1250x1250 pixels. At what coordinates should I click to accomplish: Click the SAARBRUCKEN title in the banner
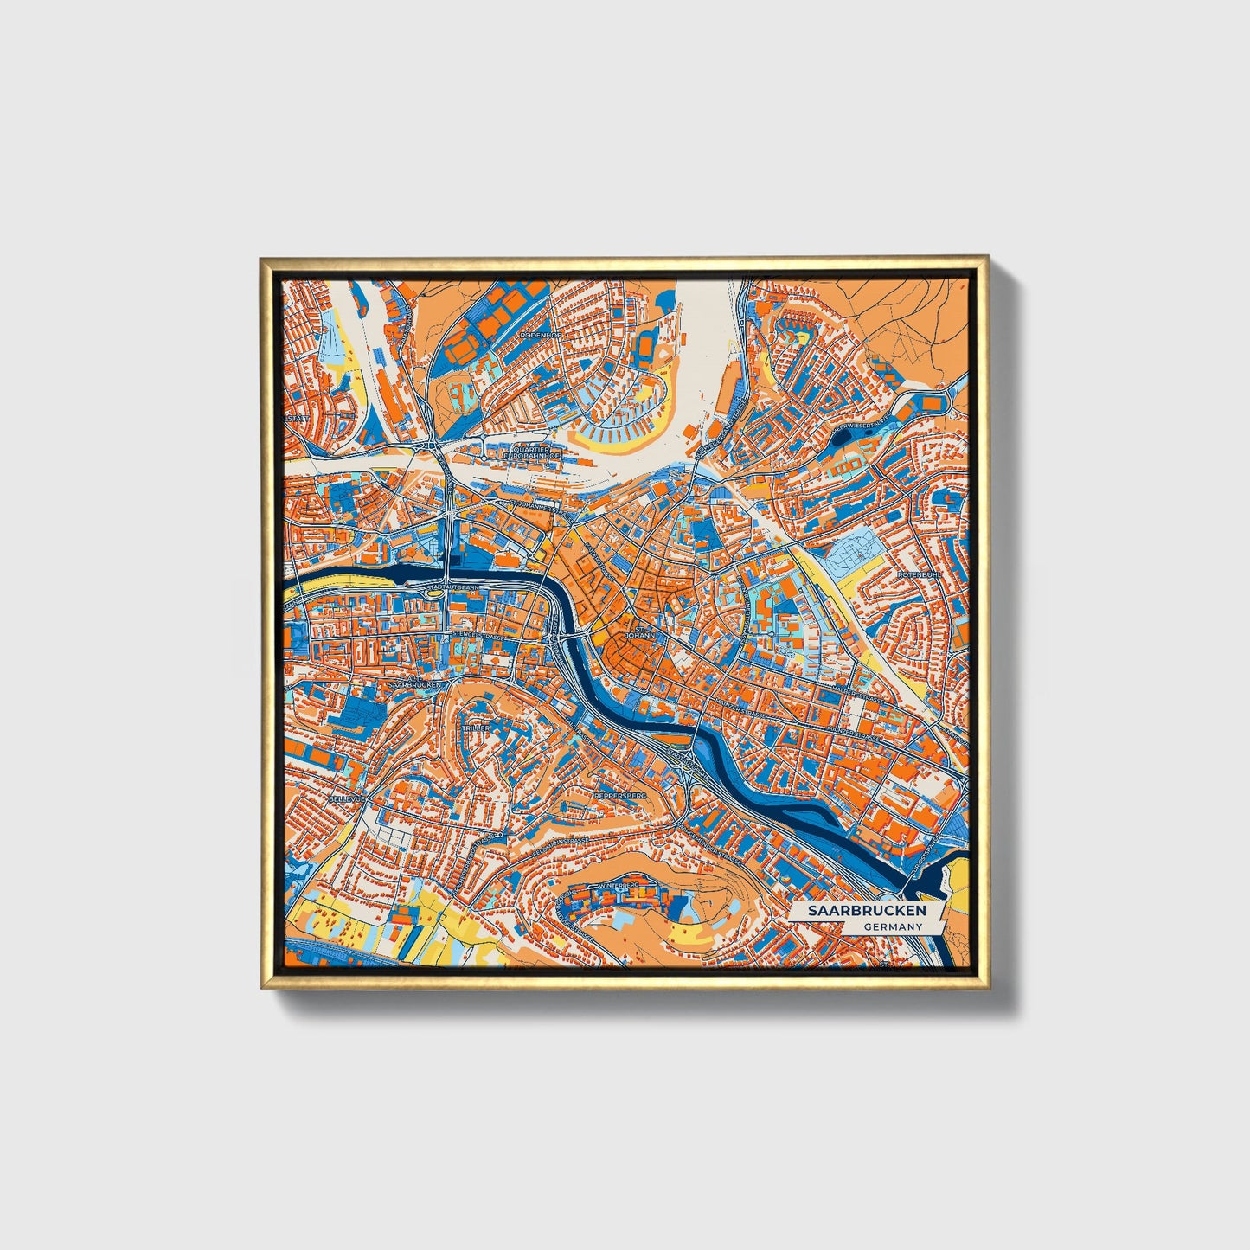pos(867,911)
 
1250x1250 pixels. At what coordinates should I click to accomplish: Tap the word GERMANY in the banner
pos(893,926)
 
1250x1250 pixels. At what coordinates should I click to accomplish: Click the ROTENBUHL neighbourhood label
pos(918,574)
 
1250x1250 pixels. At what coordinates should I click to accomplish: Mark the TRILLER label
pos(476,728)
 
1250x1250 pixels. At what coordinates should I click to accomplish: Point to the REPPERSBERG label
pos(620,793)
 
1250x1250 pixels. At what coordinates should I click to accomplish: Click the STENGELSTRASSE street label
pos(478,636)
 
